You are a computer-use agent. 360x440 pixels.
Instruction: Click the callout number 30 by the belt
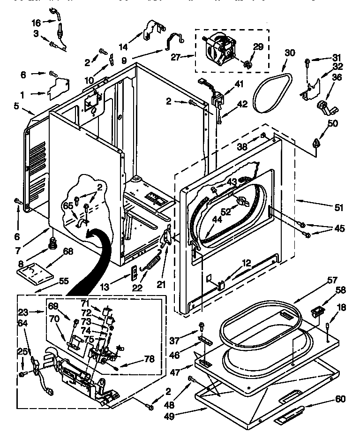[x=290, y=53]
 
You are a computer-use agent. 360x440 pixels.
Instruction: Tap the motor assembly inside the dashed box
[x=223, y=47]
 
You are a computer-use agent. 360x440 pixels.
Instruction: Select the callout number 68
[x=68, y=252]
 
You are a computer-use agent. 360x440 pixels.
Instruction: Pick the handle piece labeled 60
[x=292, y=415]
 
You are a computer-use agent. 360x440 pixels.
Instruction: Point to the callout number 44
[x=217, y=219]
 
